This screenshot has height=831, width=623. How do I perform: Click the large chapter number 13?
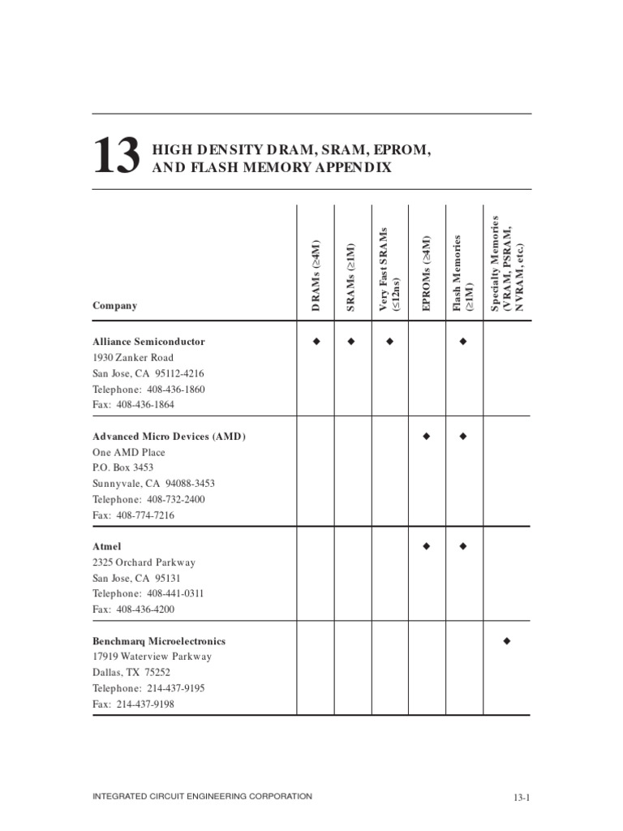(x=116, y=156)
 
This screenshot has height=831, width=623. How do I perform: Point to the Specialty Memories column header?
(x=507, y=264)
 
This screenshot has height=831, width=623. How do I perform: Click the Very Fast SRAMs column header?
(x=389, y=269)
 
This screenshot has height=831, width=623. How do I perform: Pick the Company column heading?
(x=114, y=306)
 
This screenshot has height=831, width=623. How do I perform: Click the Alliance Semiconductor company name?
(x=148, y=342)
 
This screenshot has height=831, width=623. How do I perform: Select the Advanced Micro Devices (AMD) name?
(x=169, y=437)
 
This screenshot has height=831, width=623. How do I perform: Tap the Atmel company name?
(x=107, y=547)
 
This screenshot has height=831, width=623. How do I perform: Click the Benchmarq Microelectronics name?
(x=159, y=641)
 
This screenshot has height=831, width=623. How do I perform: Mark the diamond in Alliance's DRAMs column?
(x=316, y=342)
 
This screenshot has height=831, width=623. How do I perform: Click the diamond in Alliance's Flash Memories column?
(x=463, y=342)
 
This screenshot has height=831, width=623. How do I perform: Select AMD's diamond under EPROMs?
(x=426, y=437)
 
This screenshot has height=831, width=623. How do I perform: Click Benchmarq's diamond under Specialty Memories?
(x=507, y=641)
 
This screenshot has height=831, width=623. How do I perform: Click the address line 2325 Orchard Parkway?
(x=144, y=562)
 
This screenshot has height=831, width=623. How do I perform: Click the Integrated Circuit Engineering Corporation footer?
(x=202, y=797)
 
